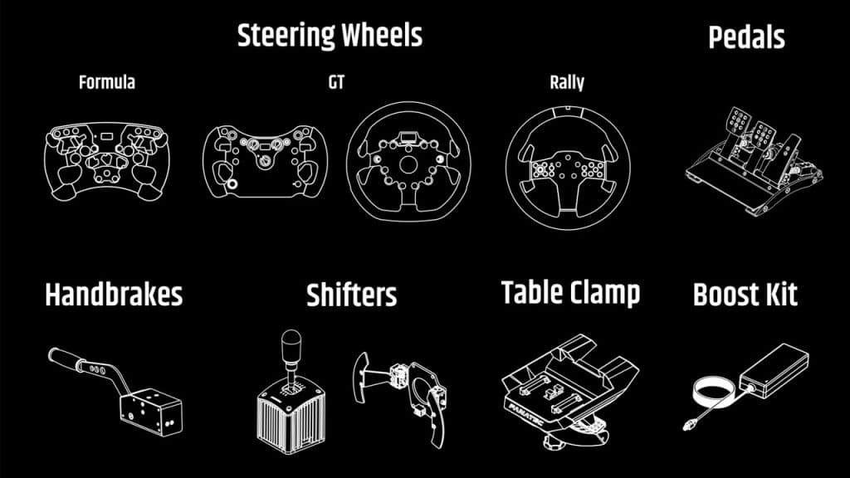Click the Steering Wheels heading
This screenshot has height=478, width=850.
(330, 36)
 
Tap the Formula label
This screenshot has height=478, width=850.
(106, 82)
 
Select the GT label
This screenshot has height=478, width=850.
(336, 82)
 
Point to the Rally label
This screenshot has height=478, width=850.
(566, 82)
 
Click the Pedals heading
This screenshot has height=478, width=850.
(746, 37)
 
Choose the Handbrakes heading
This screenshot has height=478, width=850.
(114, 295)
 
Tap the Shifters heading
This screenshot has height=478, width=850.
(351, 295)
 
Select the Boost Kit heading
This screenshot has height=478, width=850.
(745, 295)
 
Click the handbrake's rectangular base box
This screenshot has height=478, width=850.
(149, 410)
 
